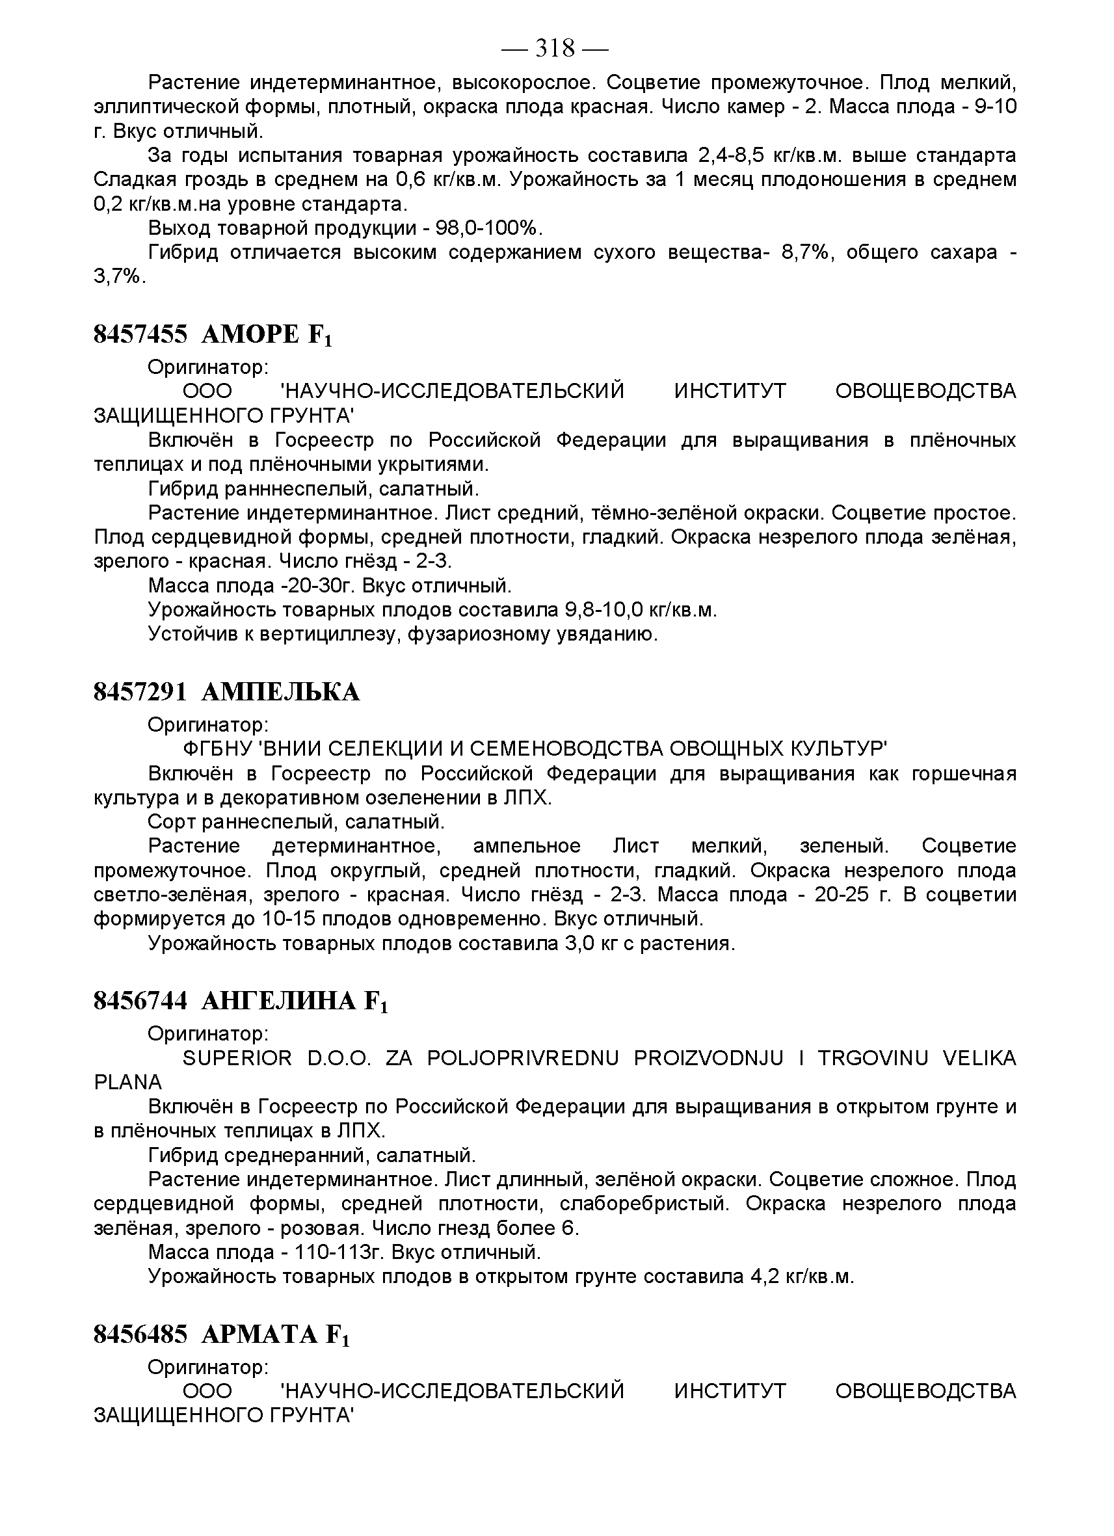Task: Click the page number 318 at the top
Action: click(555, 49)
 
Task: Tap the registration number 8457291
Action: click(140, 692)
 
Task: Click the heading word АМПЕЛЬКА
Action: click(280, 692)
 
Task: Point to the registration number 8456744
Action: click(140, 1001)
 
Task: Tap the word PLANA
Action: click(128, 1082)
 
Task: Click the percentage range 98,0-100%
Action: click(490, 228)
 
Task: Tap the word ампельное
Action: click(526, 846)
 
